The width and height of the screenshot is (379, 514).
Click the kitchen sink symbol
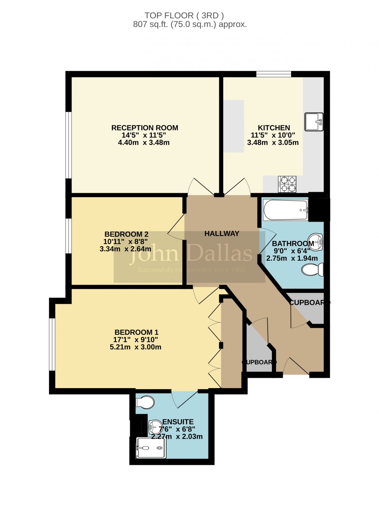coord(314,122)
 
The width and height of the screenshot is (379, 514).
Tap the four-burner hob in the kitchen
coord(287,184)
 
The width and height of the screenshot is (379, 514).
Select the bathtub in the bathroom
coord(286,210)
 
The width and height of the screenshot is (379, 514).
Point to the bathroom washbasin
coord(316,242)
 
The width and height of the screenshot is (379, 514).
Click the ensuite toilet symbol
coord(145,402)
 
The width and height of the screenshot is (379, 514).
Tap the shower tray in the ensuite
coord(151,448)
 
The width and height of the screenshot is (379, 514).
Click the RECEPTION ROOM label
coord(145,128)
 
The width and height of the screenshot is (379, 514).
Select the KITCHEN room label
coord(274,128)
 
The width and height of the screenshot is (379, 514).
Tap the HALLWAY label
coord(222,234)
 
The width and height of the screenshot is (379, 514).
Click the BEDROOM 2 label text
coord(126,234)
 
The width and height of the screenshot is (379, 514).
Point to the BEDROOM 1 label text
coord(136,332)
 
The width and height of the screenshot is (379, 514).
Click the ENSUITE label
coord(178,422)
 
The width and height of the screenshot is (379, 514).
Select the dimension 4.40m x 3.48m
coord(144,143)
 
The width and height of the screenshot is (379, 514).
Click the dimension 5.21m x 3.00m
coord(135,347)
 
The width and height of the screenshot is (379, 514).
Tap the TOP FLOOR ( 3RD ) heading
coord(184,15)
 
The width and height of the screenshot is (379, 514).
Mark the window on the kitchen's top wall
coord(273,74)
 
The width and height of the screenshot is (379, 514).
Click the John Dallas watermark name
coord(191,253)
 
